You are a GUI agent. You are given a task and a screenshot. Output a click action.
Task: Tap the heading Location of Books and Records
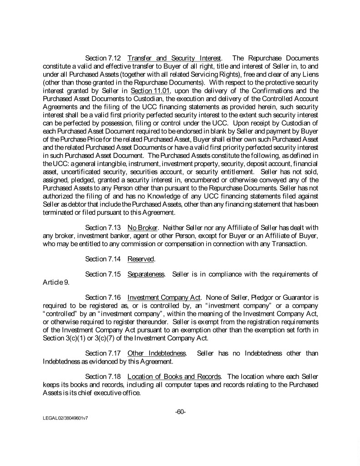tap(174, 376)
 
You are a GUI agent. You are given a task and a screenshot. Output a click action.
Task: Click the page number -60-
tap(180, 412)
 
